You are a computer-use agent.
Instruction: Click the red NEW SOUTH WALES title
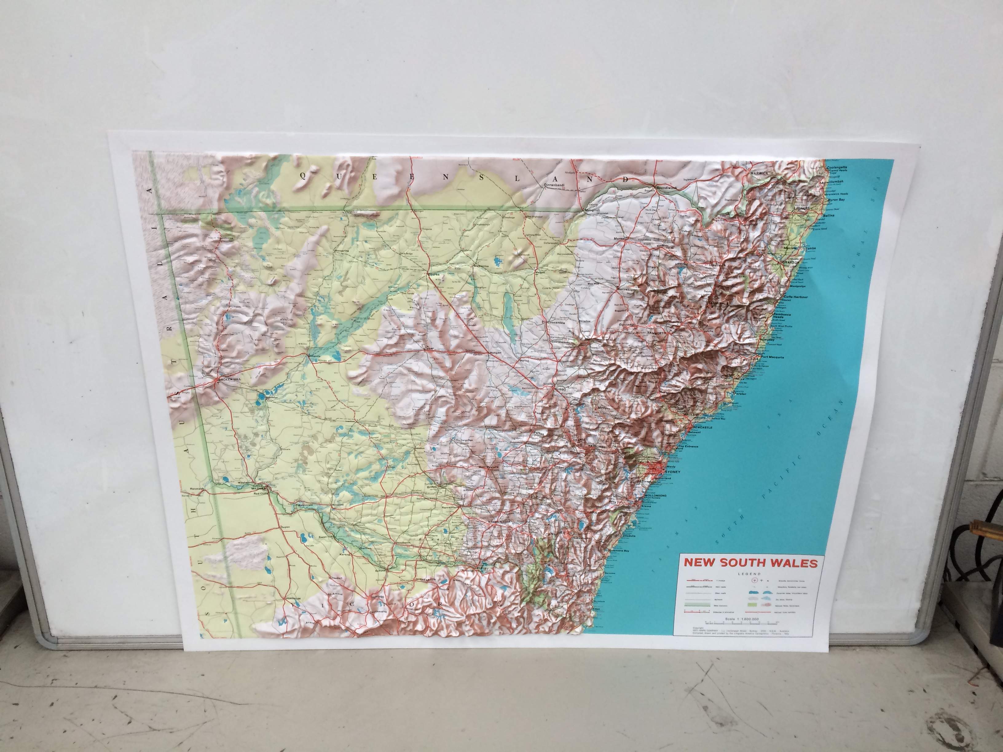(750, 563)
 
